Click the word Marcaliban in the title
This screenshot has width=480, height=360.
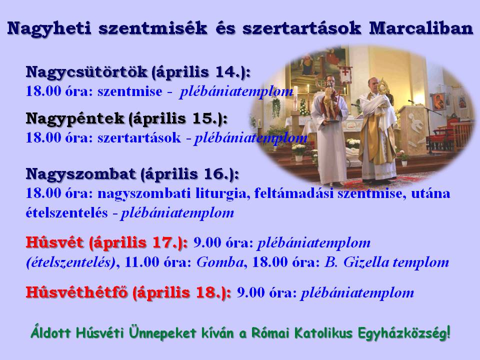tap(421, 28)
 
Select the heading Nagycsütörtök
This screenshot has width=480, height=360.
tap(86, 72)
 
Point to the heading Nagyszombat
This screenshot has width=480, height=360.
tap(81, 174)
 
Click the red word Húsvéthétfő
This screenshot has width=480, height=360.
tap(76, 292)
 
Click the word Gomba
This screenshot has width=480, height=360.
tap(220, 262)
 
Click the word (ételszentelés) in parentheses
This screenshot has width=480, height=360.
tap(71, 262)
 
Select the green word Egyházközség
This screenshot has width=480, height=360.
tap(404, 333)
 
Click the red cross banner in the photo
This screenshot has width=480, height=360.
tap(345, 74)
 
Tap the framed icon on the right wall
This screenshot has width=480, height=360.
tap(438, 101)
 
